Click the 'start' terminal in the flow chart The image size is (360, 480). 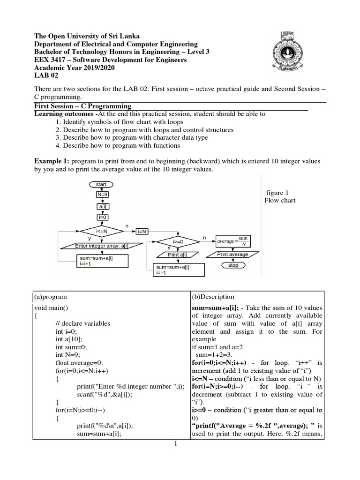coord(101,184)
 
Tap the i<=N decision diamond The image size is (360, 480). coord(102,231)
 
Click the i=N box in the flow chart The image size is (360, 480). coord(142,231)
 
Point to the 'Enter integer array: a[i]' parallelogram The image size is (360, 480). coord(102,246)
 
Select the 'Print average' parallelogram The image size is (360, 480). coord(233,255)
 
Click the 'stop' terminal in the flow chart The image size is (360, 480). coord(233,265)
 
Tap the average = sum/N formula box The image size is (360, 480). coord(233,241)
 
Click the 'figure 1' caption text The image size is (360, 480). coord(277,193)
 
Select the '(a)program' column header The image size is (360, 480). coord(51,297)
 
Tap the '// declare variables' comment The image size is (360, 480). coord(82,323)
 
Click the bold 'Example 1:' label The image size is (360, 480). coord(52,161)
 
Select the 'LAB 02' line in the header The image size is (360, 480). coord(47,75)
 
